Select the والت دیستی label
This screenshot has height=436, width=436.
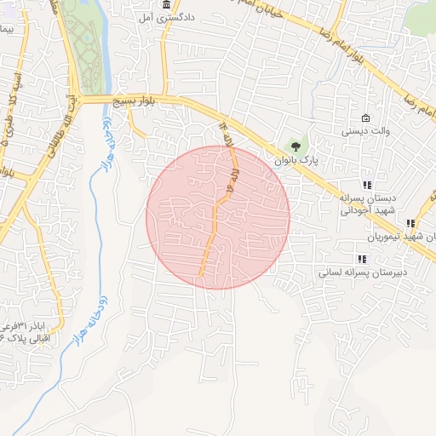(x=366, y=131)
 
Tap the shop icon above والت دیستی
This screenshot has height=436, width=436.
(x=365, y=118)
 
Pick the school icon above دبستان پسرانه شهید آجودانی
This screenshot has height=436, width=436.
(x=367, y=185)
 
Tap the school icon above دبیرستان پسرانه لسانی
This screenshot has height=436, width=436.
(x=362, y=259)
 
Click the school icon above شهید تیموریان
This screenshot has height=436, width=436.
(x=410, y=223)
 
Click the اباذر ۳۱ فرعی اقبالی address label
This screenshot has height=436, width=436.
(x=26, y=333)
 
